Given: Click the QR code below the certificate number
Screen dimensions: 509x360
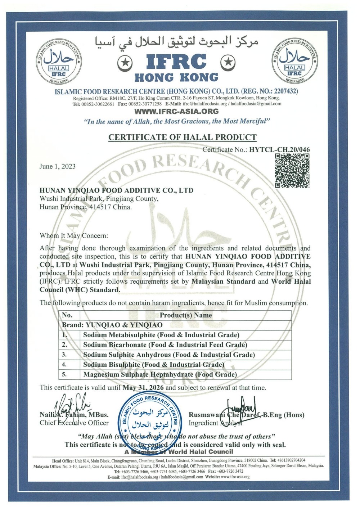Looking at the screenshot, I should click(x=292, y=170).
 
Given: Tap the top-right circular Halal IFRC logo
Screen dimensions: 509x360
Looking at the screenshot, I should click(x=294, y=60).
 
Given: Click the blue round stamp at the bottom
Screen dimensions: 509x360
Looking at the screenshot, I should click(x=151, y=420).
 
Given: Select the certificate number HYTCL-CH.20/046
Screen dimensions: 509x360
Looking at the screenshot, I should click(x=279, y=150).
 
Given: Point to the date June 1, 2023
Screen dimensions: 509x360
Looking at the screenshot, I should click(x=58, y=166).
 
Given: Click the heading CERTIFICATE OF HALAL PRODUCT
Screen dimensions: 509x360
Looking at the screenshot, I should click(x=183, y=137).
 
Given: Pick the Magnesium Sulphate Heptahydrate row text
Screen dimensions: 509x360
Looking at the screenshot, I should click(x=160, y=374).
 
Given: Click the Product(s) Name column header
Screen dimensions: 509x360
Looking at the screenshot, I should click(x=186, y=315).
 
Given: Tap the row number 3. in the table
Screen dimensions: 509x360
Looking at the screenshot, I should click(x=65, y=355).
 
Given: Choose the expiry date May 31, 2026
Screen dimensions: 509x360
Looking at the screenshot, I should click(x=143, y=388).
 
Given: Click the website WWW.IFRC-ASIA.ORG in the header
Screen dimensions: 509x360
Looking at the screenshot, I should click(x=176, y=111).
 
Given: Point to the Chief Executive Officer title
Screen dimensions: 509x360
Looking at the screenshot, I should click(x=74, y=423).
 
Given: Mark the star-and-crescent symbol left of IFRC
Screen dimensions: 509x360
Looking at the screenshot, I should click(x=127, y=63).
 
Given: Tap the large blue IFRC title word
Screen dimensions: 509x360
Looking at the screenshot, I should click(x=176, y=62).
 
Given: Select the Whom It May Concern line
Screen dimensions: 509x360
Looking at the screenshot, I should click(x=74, y=236).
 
